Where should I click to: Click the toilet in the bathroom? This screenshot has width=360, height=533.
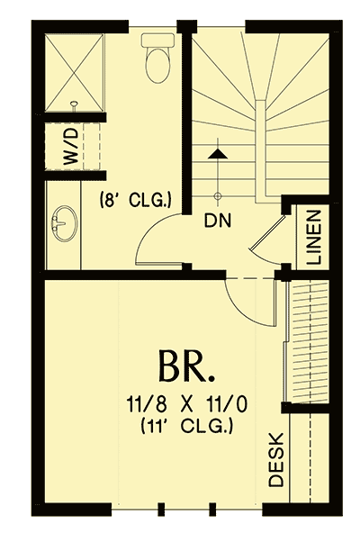coord(157,59)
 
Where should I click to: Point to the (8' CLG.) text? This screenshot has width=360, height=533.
coord(134,197)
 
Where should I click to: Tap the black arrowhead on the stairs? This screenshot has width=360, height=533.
coord(215,155)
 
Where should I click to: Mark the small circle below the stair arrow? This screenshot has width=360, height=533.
coord(216,195)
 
